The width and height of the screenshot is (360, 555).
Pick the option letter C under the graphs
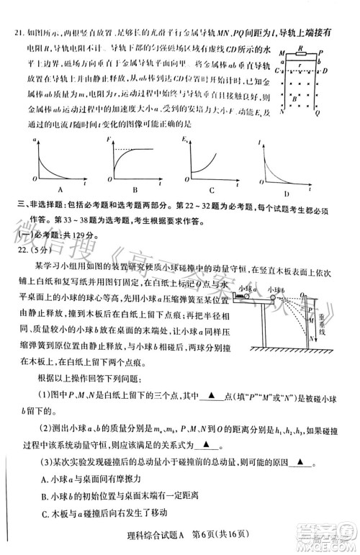[x=211, y=190]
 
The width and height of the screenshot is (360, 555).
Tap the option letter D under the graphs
[x=287, y=194]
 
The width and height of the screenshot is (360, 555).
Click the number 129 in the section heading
[x=76, y=235]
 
